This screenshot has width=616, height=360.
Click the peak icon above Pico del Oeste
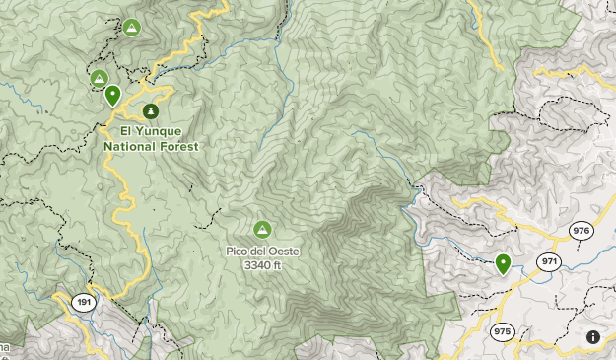point(262,230)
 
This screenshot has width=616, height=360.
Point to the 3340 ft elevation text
point(262,265)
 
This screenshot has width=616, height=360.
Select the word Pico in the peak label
point(238,252)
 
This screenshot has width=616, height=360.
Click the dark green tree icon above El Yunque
point(151,111)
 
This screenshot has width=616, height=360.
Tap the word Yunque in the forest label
point(162,130)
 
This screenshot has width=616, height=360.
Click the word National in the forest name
point(131,145)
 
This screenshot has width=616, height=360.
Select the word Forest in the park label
point(181,145)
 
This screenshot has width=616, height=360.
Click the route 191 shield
point(84,303)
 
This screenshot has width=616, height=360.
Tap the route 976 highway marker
point(582,231)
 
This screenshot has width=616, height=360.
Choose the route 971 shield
point(549,261)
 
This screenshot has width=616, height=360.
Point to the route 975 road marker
point(503,331)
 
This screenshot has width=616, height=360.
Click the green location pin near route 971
point(503,262)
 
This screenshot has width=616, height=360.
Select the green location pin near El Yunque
point(113,95)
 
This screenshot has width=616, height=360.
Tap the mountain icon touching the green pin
point(99,78)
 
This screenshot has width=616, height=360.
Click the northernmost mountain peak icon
point(131,27)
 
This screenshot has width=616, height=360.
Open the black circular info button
point(593,337)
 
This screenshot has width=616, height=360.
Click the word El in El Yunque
point(126,130)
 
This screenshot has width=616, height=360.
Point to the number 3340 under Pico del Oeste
point(256,265)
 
